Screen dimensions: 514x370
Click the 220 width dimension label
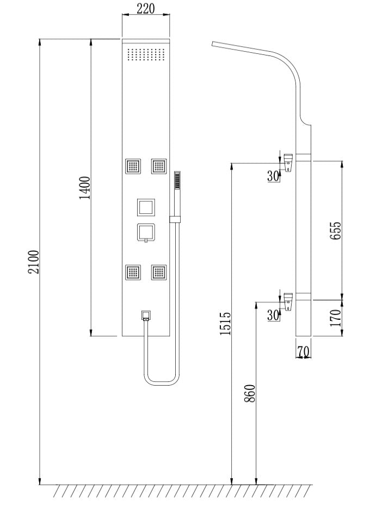146,9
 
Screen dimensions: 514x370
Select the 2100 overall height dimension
34,262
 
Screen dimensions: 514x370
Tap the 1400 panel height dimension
85,188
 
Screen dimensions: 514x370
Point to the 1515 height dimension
225,323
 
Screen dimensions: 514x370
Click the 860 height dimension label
250,393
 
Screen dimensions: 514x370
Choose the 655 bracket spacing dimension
336,230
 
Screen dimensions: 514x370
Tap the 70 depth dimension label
304,352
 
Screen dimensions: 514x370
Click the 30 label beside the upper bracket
273,176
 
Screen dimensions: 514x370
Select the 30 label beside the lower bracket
273,314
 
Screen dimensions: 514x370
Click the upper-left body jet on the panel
133,166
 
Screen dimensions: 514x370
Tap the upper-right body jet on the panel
158,166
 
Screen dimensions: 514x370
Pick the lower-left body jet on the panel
133,272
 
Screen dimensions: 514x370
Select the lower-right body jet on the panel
158,272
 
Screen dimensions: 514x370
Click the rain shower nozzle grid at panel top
146,55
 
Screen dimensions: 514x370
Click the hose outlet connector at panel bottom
146,315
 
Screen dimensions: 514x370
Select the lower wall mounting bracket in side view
288,301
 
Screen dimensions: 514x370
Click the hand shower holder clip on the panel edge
175,219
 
